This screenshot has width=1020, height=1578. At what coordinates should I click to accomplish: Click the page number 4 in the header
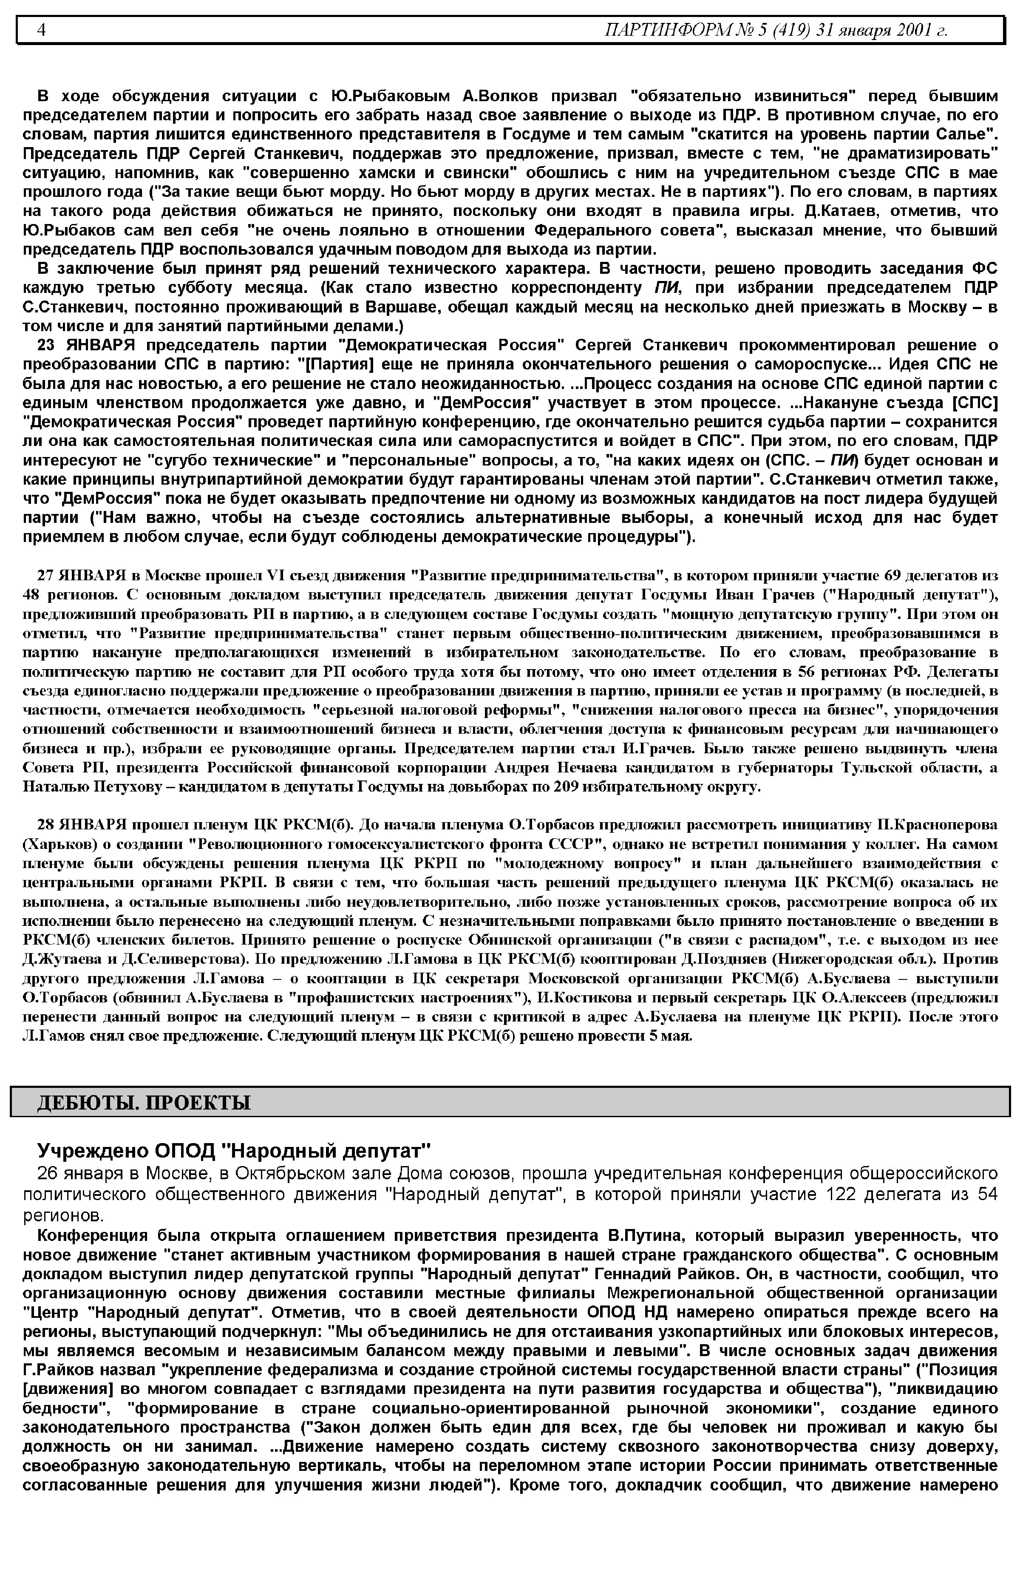point(41,30)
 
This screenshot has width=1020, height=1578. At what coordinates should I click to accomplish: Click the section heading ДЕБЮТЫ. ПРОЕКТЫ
point(143,1102)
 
